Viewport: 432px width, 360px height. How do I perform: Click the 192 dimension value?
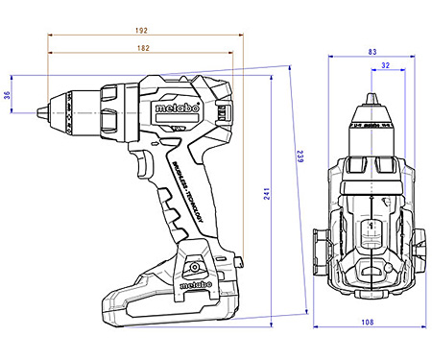142,31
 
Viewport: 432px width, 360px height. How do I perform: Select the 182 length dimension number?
142,47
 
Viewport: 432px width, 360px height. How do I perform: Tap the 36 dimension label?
8,94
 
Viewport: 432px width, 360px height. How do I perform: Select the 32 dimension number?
384,65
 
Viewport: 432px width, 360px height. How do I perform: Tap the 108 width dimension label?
367,323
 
